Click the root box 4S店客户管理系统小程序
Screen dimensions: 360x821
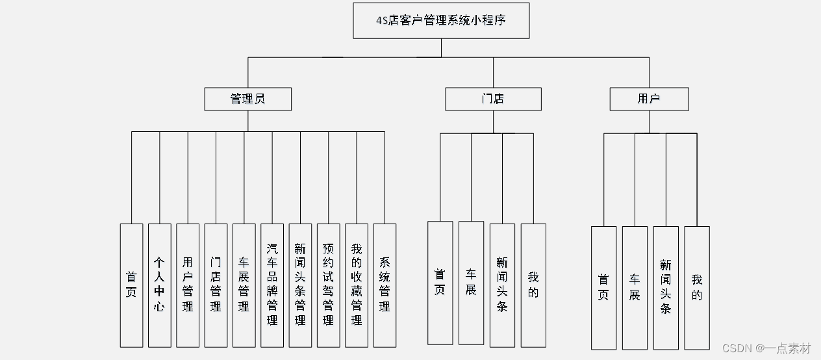tap(441, 20)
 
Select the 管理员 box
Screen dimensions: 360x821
tap(247, 99)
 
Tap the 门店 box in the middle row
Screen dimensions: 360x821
tap(493, 99)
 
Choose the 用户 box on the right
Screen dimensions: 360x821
tap(649, 99)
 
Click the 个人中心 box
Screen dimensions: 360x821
tap(159, 285)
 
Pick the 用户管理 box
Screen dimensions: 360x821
tap(188, 285)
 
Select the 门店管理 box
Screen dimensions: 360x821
tap(216, 285)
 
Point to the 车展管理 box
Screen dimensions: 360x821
tap(244, 285)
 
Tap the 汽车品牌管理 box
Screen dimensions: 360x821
tap(272, 285)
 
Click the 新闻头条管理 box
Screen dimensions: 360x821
tap(300, 285)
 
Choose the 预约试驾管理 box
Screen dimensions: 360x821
tap(328, 285)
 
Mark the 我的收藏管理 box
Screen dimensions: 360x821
tap(357, 285)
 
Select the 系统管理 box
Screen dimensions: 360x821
tap(385, 285)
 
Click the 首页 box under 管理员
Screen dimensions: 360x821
tap(131, 285)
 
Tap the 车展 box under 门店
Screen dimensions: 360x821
tap(471, 282)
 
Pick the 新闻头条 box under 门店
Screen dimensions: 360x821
tap(502, 285)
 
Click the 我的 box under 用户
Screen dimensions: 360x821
tap(697, 287)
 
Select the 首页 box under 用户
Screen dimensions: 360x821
tap(603, 287)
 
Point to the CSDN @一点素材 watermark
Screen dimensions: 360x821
tap(766, 348)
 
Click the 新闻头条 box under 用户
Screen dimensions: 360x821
tap(666, 287)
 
